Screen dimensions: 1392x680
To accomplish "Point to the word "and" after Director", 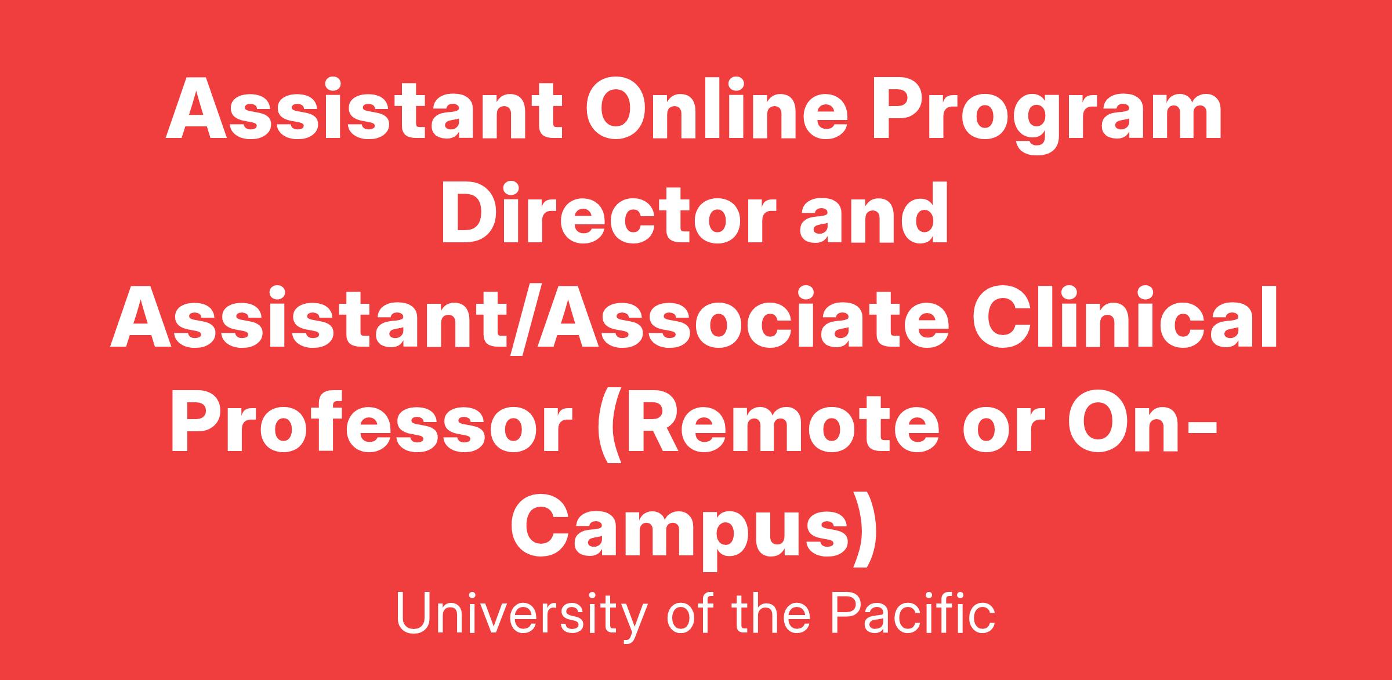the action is (874, 214).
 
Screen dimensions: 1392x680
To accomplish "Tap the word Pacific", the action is (913, 613).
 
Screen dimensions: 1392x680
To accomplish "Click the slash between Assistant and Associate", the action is (524, 319).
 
